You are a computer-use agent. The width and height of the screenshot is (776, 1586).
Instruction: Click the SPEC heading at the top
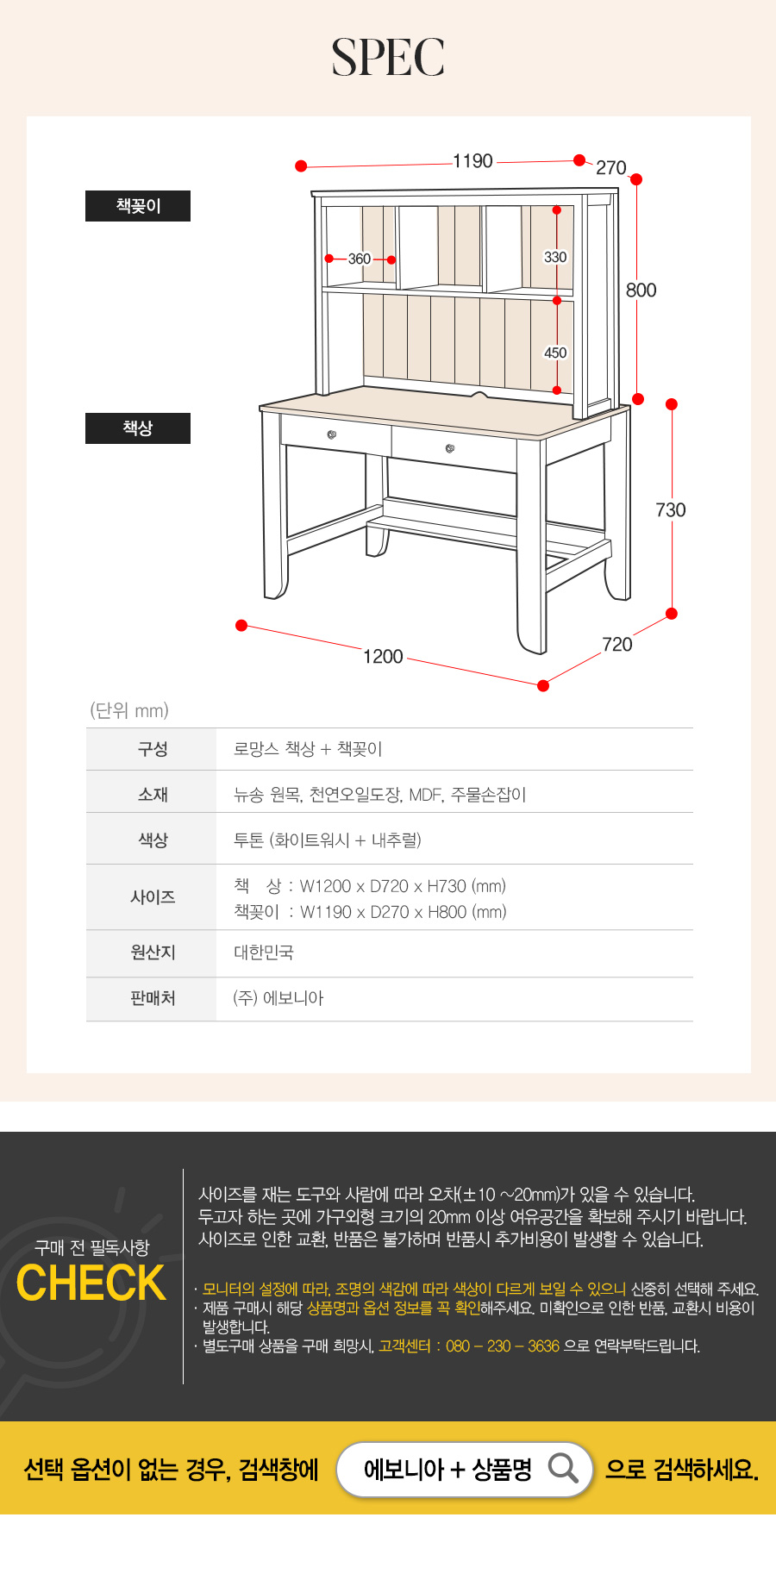coord(388,57)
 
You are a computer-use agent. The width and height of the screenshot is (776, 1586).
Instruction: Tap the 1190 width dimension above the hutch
coord(473,161)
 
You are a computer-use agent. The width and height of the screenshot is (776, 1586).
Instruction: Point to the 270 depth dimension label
coord(611,167)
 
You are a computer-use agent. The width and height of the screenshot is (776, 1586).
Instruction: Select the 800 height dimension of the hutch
coord(641,290)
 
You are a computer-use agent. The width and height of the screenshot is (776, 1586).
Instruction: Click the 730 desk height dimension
coord(671,510)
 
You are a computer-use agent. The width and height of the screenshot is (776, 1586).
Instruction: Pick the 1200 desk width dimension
coord(383,657)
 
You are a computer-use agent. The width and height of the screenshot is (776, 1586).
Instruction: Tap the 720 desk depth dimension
coord(617,645)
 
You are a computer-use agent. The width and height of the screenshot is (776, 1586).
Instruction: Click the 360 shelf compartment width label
coord(360,259)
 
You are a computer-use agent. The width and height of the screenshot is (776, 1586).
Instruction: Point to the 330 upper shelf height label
coord(555,257)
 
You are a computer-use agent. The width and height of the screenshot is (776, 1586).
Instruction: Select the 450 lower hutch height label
coord(555,353)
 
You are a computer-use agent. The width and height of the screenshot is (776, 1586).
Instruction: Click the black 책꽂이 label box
coord(138,206)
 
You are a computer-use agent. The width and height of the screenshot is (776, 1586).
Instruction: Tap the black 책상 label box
coord(138,428)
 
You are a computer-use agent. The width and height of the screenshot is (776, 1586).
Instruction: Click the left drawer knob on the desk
coord(332,434)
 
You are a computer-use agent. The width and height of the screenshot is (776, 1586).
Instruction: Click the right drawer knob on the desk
coord(450,448)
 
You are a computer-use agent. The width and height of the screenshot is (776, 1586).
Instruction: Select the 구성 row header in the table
coord(153,749)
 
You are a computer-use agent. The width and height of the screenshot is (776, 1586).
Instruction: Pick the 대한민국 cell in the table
coord(264,952)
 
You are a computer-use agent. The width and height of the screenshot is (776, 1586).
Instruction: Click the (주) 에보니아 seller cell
coord(278,998)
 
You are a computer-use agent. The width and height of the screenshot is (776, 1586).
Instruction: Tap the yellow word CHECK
coord(91,1283)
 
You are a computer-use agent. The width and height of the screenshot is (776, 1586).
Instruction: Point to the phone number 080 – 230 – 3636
coord(503,1346)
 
